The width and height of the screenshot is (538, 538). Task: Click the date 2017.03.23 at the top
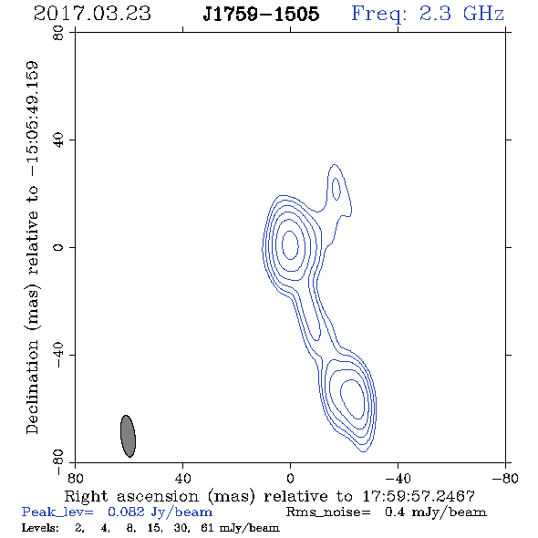92,14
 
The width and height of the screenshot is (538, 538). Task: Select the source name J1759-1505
261,14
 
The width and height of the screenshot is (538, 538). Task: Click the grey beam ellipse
128,436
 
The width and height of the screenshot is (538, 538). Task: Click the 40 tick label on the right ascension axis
182,479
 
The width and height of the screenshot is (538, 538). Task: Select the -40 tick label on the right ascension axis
398,479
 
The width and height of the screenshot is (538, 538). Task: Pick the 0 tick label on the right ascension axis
290,479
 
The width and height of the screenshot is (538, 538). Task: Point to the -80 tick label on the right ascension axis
505,479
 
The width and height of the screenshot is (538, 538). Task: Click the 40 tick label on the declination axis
58,140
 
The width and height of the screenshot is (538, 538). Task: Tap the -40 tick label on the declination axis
58,355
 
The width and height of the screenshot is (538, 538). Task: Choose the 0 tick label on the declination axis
58,247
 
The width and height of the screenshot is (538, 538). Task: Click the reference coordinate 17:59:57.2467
419,496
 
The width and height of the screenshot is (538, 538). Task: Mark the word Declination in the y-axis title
32,387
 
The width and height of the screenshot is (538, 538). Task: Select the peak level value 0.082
126,512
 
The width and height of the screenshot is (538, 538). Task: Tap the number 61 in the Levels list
207,527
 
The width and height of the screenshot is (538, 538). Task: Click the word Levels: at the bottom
40,527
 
